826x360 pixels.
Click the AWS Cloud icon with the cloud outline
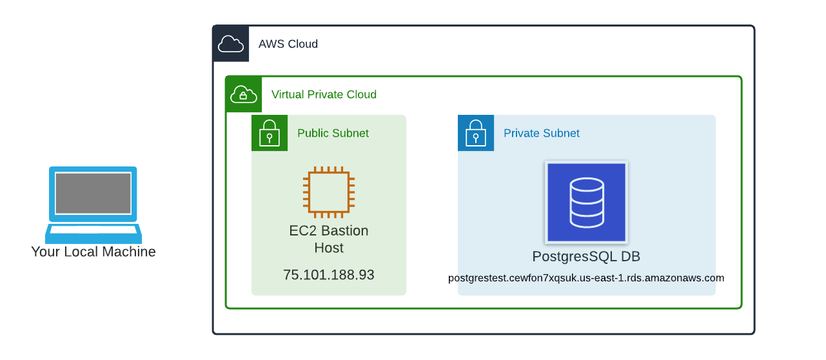(231, 44)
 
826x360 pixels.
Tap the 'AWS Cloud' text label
(288, 44)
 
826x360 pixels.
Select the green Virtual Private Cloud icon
(244, 94)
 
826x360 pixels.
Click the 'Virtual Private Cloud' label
(324, 94)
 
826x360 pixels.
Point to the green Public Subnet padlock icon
(270, 133)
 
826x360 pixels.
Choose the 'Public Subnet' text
(333, 133)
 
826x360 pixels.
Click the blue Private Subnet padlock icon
(476, 133)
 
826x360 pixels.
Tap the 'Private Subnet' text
(541, 133)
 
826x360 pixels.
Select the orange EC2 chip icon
(329, 192)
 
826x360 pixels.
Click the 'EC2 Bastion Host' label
(329, 239)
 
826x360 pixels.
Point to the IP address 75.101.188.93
(329, 274)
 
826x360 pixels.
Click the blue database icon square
(586, 202)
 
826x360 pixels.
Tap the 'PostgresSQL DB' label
(586, 256)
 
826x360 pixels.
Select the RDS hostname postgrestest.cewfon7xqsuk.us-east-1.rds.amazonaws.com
(586, 278)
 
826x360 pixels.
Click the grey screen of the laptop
(93, 193)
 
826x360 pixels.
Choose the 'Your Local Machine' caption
(93, 252)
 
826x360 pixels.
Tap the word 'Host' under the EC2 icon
(329, 248)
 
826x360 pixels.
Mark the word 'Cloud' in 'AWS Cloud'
(302, 44)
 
